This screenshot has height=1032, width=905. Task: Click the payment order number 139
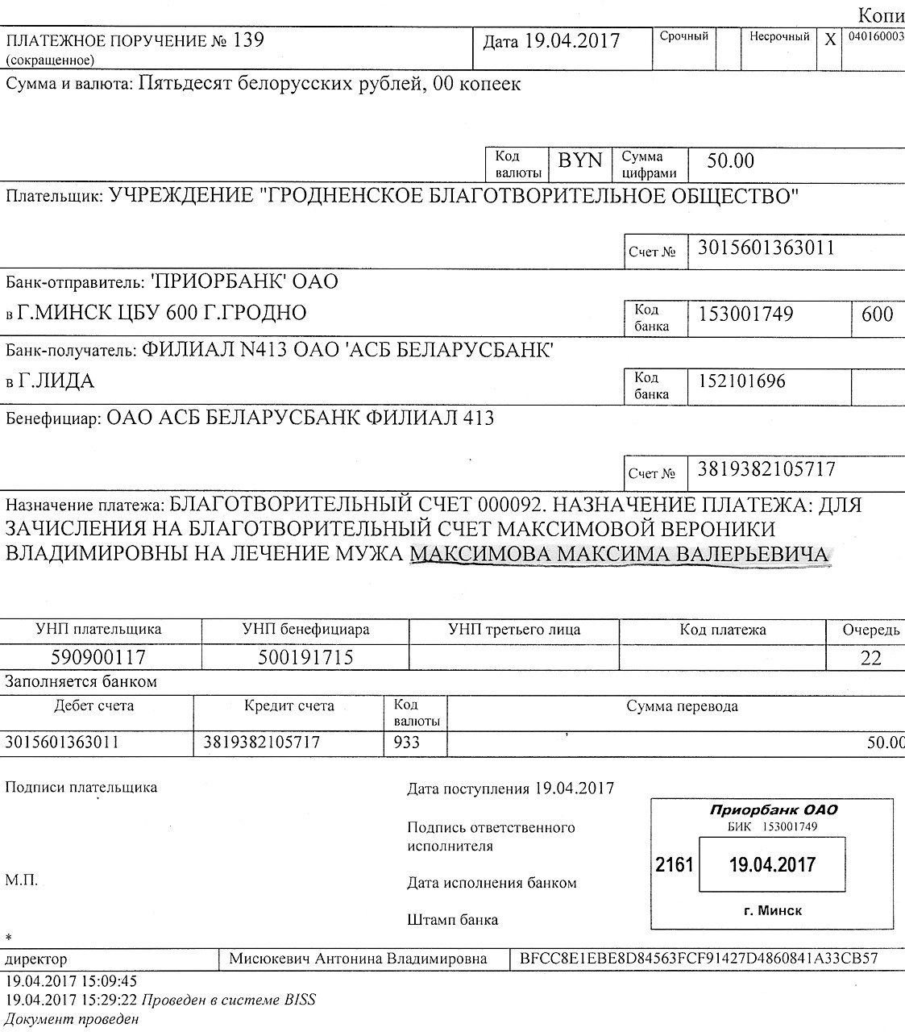point(248,40)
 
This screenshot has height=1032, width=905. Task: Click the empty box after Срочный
point(728,48)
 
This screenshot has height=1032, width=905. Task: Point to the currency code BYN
point(580,160)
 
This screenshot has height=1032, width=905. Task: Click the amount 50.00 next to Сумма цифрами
point(731,161)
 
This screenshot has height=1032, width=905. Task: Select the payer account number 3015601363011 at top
point(766,248)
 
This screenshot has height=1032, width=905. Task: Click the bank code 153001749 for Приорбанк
point(746,314)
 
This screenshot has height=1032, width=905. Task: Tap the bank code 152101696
point(741,381)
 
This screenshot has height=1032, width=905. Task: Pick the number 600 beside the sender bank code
point(877,314)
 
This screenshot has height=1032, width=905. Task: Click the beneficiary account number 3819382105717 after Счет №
point(766,470)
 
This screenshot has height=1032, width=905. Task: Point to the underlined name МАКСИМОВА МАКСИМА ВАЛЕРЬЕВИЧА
point(619,556)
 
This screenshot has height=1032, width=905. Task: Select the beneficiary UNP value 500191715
point(305,658)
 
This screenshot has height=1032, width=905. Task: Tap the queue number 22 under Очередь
point(871,658)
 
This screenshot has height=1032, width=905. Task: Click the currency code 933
point(407,742)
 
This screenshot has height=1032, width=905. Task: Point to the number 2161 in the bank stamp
point(675,865)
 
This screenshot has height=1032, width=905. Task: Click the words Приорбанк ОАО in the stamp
point(774,810)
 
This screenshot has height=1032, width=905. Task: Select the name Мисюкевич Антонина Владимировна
point(358,959)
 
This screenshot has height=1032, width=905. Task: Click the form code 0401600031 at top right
point(874,37)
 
